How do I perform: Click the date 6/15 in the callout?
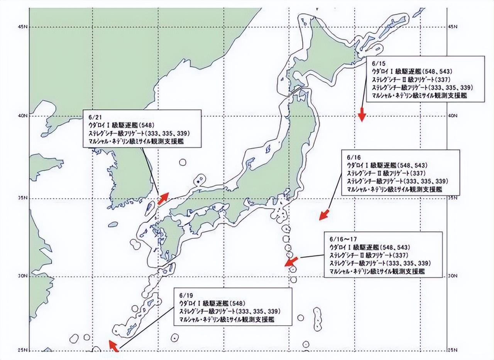(376, 63)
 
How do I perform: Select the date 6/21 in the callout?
(93, 117)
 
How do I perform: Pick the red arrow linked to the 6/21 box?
(163, 197)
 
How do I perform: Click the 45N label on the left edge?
(22, 27)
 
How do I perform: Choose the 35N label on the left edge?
(22, 198)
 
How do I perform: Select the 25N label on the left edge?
(22, 350)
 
